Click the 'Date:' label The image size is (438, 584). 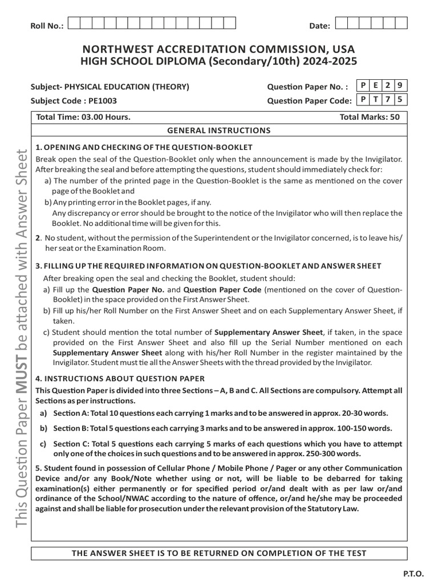pos(319,26)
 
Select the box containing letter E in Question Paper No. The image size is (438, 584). pos(376,86)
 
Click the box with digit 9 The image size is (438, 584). pos(401,86)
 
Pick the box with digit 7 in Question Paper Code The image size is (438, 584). pos(389,99)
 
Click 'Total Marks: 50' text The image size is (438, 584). pos(370,117)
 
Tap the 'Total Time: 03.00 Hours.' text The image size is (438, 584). pos(83,117)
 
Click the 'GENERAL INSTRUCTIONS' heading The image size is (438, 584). pos(219,130)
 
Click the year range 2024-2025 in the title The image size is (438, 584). pos(331,62)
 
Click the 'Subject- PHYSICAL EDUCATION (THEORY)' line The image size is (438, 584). pos(109,87)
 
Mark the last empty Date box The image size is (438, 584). pos(401,23)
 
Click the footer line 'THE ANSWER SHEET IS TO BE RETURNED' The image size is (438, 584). pos(219,553)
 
